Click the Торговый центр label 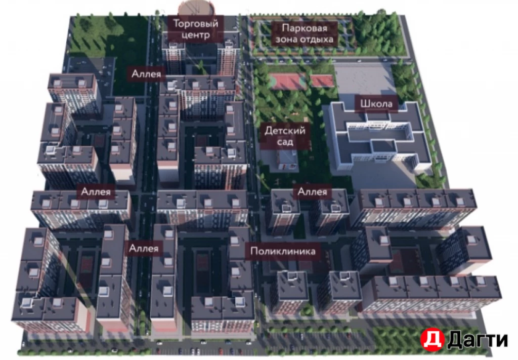tap(196, 29)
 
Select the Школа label tap(376, 104)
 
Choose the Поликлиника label tap(283, 251)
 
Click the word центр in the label tap(196, 35)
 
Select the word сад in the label tap(285, 142)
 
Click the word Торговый tap(196, 23)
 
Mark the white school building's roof tap(377, 137)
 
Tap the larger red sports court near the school tap(287, 81)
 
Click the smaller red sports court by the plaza tap(322, 81)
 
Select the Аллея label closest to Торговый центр tap(147, 73)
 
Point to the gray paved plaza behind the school tap(365, 78)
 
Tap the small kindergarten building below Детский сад tap(287, 161)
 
